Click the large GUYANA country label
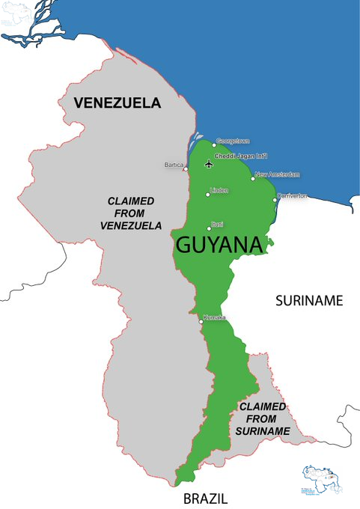click(219, 245)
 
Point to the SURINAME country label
click(308, 301)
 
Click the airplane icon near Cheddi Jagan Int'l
click(208, 164)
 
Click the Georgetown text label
click(233, 141)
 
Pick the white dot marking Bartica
click(186, 168)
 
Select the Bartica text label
click(174, 164)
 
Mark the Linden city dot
click(208, 195)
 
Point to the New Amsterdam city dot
click(253, 178)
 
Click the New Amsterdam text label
click(278, 174)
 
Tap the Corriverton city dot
click(275, 200)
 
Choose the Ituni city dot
click(209, 228)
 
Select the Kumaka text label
click(214, 317)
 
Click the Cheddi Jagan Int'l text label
click(237, 156)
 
